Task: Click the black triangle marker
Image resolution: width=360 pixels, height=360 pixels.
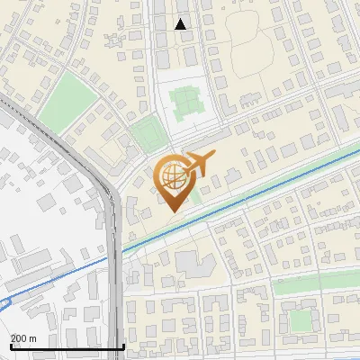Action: [x=181, y=24]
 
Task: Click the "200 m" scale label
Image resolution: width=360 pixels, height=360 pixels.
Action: [x=23, y=338]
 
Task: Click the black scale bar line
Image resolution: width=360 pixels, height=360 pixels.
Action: [x=67, y=347]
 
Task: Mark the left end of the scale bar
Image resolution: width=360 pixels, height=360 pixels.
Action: [x=10, y=347]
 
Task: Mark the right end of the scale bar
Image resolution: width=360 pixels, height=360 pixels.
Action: [x=123, y=347]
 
